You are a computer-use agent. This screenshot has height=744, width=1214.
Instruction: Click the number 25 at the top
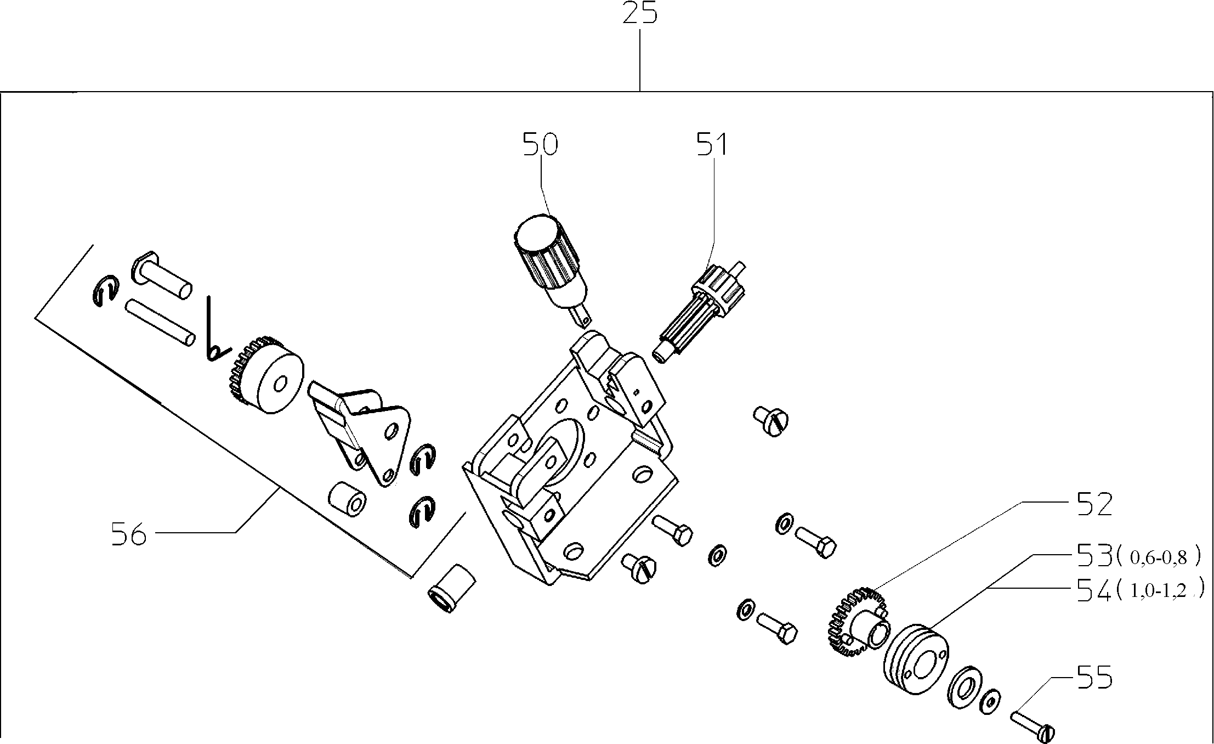[639, 14]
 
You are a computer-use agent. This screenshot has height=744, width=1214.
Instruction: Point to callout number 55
[1094, 678]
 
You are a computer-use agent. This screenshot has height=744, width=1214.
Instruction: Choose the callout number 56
[129, 534]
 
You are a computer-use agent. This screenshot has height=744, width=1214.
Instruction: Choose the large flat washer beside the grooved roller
[963, 686]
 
